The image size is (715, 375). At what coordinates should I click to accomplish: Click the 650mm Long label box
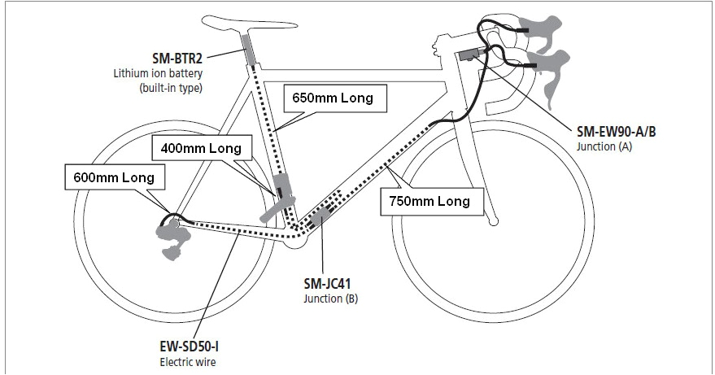(x=334, y=99)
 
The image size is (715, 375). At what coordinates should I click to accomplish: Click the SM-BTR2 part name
(x=177, y=59)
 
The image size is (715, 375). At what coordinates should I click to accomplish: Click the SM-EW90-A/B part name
(x=618, y=133)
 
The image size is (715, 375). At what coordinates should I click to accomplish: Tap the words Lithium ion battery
(x=156, y=73)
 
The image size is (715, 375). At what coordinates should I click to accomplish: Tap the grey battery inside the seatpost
(x=247, y=51)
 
